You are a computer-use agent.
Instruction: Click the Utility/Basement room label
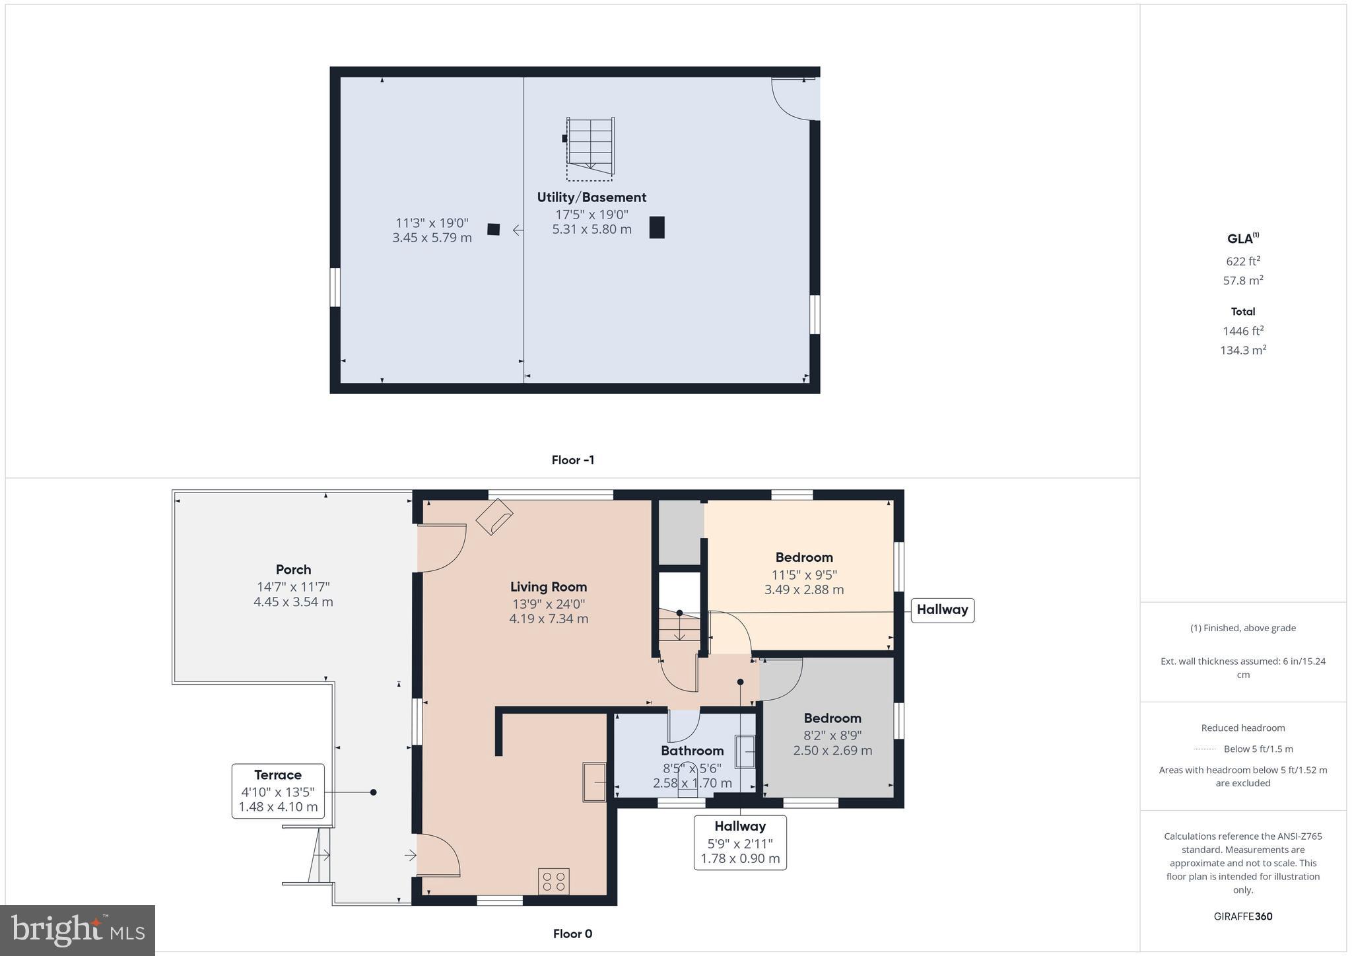591,197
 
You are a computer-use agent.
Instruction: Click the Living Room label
549,586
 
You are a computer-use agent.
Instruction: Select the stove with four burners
553,881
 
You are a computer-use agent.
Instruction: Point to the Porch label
293,569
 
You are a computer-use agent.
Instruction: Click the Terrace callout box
278,791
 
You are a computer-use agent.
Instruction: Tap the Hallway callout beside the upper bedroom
942,609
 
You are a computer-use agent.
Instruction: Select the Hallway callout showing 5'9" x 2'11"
740,842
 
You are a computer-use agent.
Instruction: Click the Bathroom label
693,751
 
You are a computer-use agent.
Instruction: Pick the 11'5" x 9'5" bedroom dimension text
804,574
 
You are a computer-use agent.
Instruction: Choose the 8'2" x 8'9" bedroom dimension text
832,735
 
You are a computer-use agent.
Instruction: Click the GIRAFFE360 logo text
1242,916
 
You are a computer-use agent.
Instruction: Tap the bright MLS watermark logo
78,930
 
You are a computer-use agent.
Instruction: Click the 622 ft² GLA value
1242,261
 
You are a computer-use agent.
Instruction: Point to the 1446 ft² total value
1242,331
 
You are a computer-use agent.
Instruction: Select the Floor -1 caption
573,460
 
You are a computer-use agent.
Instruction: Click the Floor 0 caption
572,934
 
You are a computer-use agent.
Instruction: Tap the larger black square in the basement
657,227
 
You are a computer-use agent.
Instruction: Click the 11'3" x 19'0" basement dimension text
432,223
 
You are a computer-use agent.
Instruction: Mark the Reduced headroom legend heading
1242,728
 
